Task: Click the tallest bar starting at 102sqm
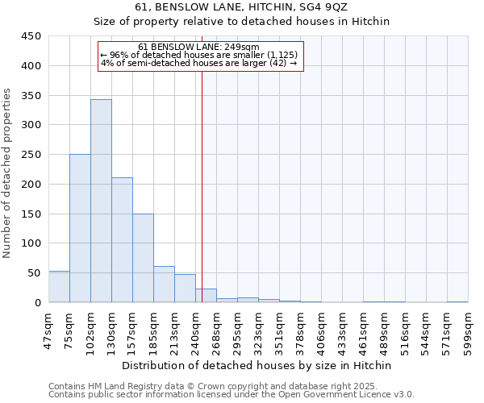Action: pos(101,201)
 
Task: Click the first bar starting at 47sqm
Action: pos(59,287)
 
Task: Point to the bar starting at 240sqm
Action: pos(206,296)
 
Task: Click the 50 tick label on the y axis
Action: pos(34,273)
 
